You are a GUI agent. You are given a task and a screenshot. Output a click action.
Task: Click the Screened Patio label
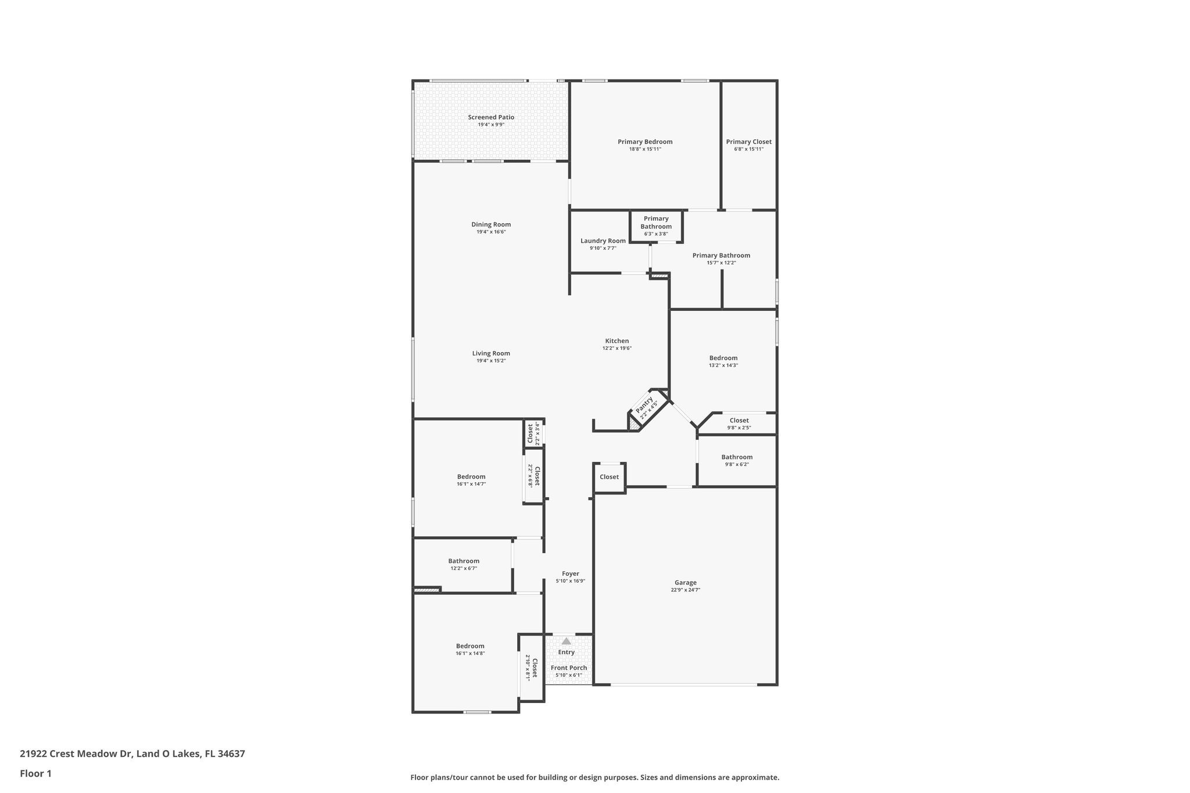pos(491,117)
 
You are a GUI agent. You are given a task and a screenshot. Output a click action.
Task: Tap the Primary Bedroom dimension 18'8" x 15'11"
pos(645,149)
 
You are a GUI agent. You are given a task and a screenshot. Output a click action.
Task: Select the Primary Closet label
pos(748,142)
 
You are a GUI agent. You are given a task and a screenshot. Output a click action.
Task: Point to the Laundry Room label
pos(603,241)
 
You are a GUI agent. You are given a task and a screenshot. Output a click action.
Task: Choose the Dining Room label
pos(491,225)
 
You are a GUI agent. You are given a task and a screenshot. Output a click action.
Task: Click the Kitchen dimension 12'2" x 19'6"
pos(616,349)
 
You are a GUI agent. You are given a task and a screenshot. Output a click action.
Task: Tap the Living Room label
pos(491,353)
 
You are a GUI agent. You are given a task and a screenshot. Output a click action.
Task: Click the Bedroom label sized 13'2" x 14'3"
pos(723,358)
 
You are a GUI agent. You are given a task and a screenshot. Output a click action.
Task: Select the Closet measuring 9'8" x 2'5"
pos(739,421)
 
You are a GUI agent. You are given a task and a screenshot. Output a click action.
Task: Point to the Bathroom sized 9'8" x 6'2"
pos(737,457)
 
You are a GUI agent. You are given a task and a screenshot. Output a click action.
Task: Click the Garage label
pos(685,583)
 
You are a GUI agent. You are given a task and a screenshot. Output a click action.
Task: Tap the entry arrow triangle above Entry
pos(566,641)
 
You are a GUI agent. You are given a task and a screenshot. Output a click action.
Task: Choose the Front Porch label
pos(568,668)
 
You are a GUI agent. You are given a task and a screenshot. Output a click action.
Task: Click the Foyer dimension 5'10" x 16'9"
pos(570,581)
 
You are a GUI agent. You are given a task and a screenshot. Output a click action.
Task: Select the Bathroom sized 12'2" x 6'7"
pos(463,561)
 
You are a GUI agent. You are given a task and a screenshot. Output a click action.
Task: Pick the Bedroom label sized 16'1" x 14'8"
pos(469,646)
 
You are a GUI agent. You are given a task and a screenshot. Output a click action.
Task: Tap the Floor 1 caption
pos(35,773)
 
